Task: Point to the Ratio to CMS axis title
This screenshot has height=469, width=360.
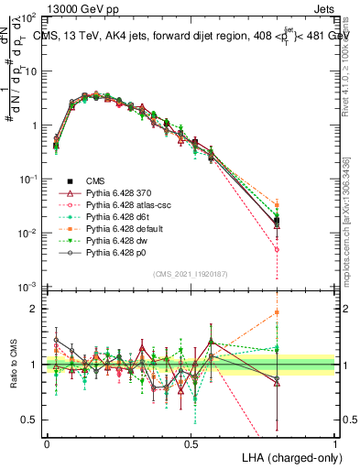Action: click(x=13, y=365)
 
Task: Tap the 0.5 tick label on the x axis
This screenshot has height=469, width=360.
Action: click(x=191, y=442)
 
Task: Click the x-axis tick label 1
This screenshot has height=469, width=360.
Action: click(x=334, y=442)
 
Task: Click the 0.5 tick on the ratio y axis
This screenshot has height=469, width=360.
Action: click(x=33, y=420)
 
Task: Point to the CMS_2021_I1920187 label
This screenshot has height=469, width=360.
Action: click(x=191, y=273)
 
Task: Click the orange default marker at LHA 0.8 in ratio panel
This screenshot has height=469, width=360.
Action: click(x=277, y=312)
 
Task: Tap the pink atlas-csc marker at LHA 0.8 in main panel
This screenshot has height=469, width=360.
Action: click(x=277, y=249)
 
